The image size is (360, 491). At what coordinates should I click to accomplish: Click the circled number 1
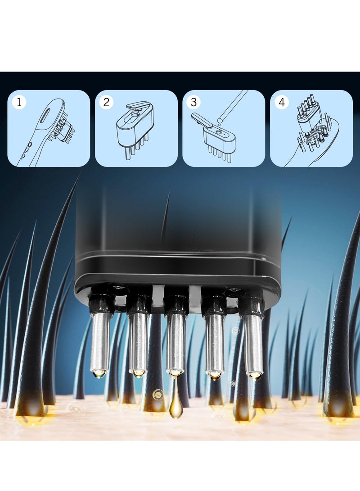pyautogui.click(x=19, y=103)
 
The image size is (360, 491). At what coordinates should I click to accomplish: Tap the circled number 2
pyautogui.click(x=107, y=102)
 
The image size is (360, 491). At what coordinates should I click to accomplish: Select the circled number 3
pyautogui.click(x=194, y=102)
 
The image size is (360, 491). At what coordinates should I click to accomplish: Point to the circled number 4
pyautogui.click(x=282, y=102)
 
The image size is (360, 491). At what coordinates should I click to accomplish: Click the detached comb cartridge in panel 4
pyautogui.click(x=308, y=114)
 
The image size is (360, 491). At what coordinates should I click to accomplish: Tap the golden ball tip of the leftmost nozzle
pyautogui.click(x=99, y=373)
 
